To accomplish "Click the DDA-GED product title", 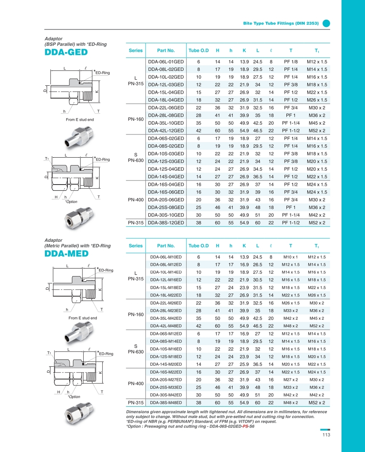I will pyautogui.click(x=66, y=52).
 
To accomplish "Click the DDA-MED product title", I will pyautogui.click(x=66, y=254).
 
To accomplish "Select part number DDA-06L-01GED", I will pyautogui.click(x=166, y=62).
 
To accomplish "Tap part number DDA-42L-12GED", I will pyautogui.click(x=166, y=131).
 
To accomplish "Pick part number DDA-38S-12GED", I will pyautogui.click(x=166, y=223).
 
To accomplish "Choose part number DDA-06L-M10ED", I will pyautogui.click(x=166, y=257).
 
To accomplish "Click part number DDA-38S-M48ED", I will pyautogui.click(x=166, y=403).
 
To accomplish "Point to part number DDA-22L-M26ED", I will pyautogui.click(x=166, y=303).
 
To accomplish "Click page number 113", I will pyautogui.click(x=326, y=434).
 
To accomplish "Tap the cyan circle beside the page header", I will pyautogui.click(x=326, y=23).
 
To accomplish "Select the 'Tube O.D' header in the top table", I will pyautogui.click(x=199, y=50).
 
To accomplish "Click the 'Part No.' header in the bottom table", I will pyautogui.click(x=166, y=246).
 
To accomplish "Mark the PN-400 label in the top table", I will pyautogui.click(x=136, y=200).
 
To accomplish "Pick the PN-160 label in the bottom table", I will pyautogui.click(x=136, y=314).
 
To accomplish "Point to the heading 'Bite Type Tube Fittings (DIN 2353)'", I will pyautogui.click(x=281, y=23).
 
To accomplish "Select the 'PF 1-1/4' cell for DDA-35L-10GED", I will pyautogui.click(x=291, y=123).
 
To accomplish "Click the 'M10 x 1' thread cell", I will pyautogui.click(x=291, y=257).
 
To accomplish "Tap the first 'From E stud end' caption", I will pyautogui.click(x=80, y=120).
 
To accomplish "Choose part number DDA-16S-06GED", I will pyautogui.click(x=166, y=192).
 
